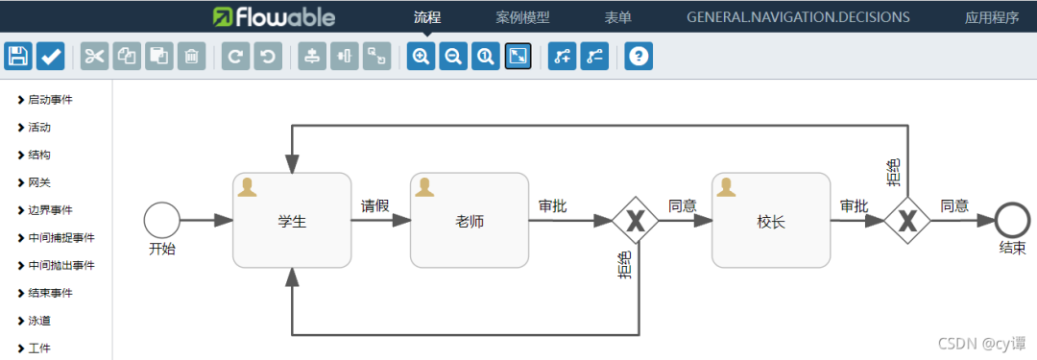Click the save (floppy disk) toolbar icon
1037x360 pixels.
tap(18, 57)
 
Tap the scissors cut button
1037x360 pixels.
tap(94, 57)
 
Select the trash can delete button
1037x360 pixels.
tap(192, 57)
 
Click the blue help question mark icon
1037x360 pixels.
tap(639, 57)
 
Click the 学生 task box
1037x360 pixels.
tap(292, 221)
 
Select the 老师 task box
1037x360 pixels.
tap(470, 221)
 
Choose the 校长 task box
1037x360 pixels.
tap(770, 221)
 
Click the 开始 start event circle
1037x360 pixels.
tap(161, 220)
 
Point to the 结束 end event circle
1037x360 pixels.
tap(1012, 220)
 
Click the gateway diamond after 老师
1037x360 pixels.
tap(635, 221)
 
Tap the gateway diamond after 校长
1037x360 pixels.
tap(906, 221)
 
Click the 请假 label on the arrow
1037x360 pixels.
tap(374, 205)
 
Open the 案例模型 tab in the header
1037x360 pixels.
tap(522, 17)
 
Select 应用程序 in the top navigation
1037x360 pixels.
tap(992, 17)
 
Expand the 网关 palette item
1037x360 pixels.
tap(38, 182)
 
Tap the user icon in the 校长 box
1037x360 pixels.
tap(727, 187)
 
